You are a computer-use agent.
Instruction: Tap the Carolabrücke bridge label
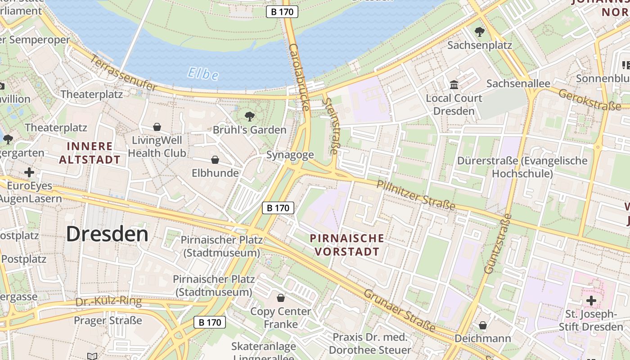point(299,77)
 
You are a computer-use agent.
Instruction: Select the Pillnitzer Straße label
point(416,195)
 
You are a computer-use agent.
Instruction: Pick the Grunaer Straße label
point(399,310)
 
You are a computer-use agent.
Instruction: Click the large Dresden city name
point(107,234)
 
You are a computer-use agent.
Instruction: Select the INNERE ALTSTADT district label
point(90,153)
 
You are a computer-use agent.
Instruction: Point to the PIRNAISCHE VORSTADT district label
point(347,245)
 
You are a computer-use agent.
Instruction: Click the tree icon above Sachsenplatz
point(480,31)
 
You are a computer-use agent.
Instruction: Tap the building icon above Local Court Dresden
point(454,85)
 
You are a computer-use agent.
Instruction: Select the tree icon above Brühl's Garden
point(250,117)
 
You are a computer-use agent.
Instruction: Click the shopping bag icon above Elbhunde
point(215,160)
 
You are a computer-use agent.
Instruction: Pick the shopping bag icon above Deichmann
point(483,325)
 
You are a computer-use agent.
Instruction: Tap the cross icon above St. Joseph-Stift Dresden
point(591,300)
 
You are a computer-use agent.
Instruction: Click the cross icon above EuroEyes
point(29,172)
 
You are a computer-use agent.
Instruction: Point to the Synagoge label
point(290,155)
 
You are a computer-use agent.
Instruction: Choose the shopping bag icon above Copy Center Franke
point(281,298)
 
